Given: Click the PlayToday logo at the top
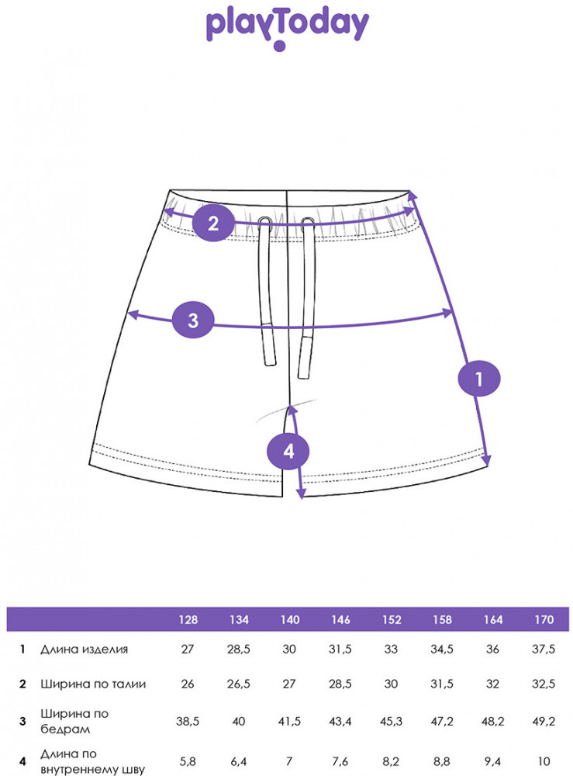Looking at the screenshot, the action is pos(287,28).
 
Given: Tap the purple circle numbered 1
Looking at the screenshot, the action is pos(479,379).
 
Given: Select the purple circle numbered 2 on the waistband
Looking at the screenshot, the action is pos(213,223).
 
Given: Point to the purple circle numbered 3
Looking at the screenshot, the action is pos(193,320).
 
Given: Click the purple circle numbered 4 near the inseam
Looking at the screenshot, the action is pos(288,451).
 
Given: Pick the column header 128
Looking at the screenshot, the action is pos(188,619).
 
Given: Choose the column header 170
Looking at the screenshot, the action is pos(544,619).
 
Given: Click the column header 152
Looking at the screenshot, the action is pos(392,619).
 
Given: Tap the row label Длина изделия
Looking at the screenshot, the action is pos(84,650).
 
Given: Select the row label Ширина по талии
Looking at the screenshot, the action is pos(93,684).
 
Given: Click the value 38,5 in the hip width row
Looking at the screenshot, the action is pos(188,722).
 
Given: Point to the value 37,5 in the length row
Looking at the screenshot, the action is pos(544,649).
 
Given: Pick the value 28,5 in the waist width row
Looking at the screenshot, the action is pos(340,684).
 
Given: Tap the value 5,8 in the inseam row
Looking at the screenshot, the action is pos(188,762).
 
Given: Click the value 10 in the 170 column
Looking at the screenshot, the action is pos(544,761).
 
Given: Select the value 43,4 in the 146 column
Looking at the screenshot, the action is pos(340,722).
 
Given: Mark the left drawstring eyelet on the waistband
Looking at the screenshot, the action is pos(265,220).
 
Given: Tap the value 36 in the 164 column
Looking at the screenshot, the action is pos(492,649).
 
